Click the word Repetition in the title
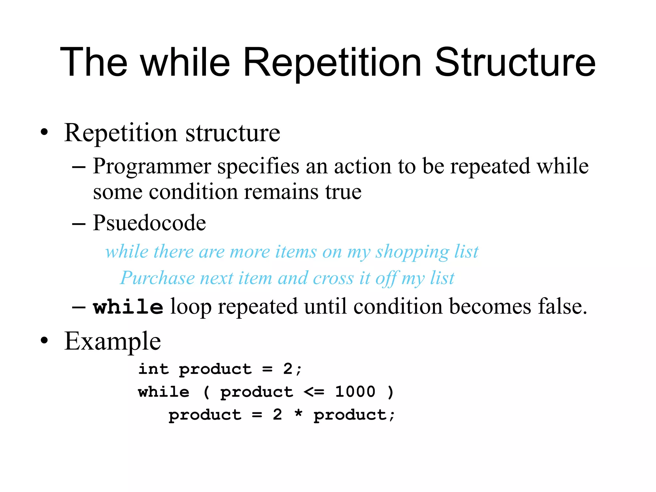click(332, 62)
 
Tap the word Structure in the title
click(515, 62)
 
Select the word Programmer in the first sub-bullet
click(152, 167)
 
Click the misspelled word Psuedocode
click(149, 223)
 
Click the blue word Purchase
click(157, 278)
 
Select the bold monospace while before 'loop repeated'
click(128, 307)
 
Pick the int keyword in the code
click(153, 369)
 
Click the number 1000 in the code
click(355, 392)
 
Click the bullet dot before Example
click(44, 341)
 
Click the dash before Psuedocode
click(79, 224)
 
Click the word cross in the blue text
click(333, 278)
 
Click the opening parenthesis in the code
click(207, 392)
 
